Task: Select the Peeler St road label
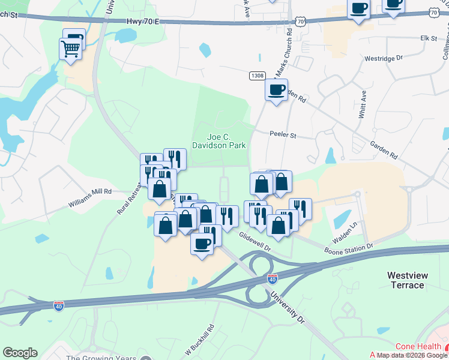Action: coord(283,136)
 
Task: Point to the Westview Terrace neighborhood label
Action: coord(408,280)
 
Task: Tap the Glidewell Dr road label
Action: coord(255,242)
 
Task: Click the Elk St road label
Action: coord(429,38)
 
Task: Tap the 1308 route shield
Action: coord(257,75)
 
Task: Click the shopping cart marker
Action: coord(70,49)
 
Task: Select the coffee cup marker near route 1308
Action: coord(276,91)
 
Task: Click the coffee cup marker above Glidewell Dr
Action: coord(202,244)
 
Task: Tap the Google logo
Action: coord(20,353)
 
